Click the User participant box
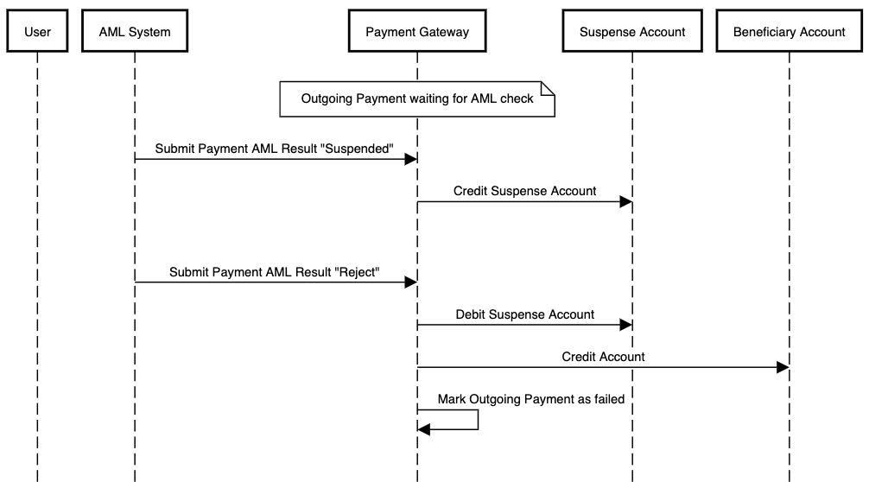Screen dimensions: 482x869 pos(38,32)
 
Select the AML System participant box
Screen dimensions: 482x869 pos(135,32)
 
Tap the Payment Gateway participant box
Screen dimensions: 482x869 pos(417,32)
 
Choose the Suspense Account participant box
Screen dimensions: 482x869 pos(632,32)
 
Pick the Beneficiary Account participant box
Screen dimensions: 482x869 pos(789,32)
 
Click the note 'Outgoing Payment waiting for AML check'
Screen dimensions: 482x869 pos(416,98)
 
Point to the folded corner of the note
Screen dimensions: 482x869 pos(547,87)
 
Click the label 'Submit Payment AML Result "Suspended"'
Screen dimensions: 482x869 pos(275,149)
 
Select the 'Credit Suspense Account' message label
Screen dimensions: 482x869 pos(524,191)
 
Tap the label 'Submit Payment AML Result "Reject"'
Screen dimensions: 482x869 pos(275,271)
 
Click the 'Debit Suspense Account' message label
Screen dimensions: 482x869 pos(524,314)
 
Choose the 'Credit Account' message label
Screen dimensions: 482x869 pos(603,356)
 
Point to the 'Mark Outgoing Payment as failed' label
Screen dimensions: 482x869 pos(530,399)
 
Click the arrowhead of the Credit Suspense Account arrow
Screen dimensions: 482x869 pos(626,202)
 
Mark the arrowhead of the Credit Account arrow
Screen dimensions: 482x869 pos(783,367)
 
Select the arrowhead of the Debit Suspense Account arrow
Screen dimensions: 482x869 pos(626,326)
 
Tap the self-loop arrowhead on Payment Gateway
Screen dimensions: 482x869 pos(423,429)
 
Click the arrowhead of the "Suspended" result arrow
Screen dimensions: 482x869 pos(412,159)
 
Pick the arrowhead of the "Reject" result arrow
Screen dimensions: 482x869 pos(412,282)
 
